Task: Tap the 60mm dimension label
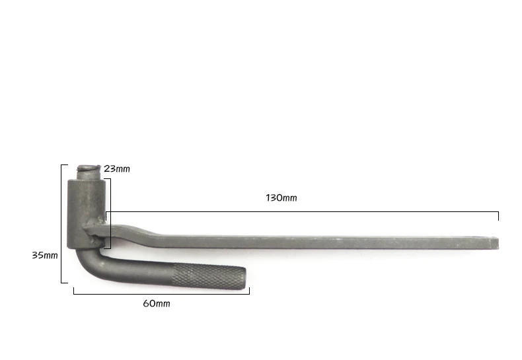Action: [157, 304]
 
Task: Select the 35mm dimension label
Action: [45, 254]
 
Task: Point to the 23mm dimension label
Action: [117, 169]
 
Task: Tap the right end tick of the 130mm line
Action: [498, 215]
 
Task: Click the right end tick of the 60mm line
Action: [249, 290]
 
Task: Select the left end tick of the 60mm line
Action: [73, 290]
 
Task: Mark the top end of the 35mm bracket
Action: [64, 165]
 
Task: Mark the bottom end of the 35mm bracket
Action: [64, 283]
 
